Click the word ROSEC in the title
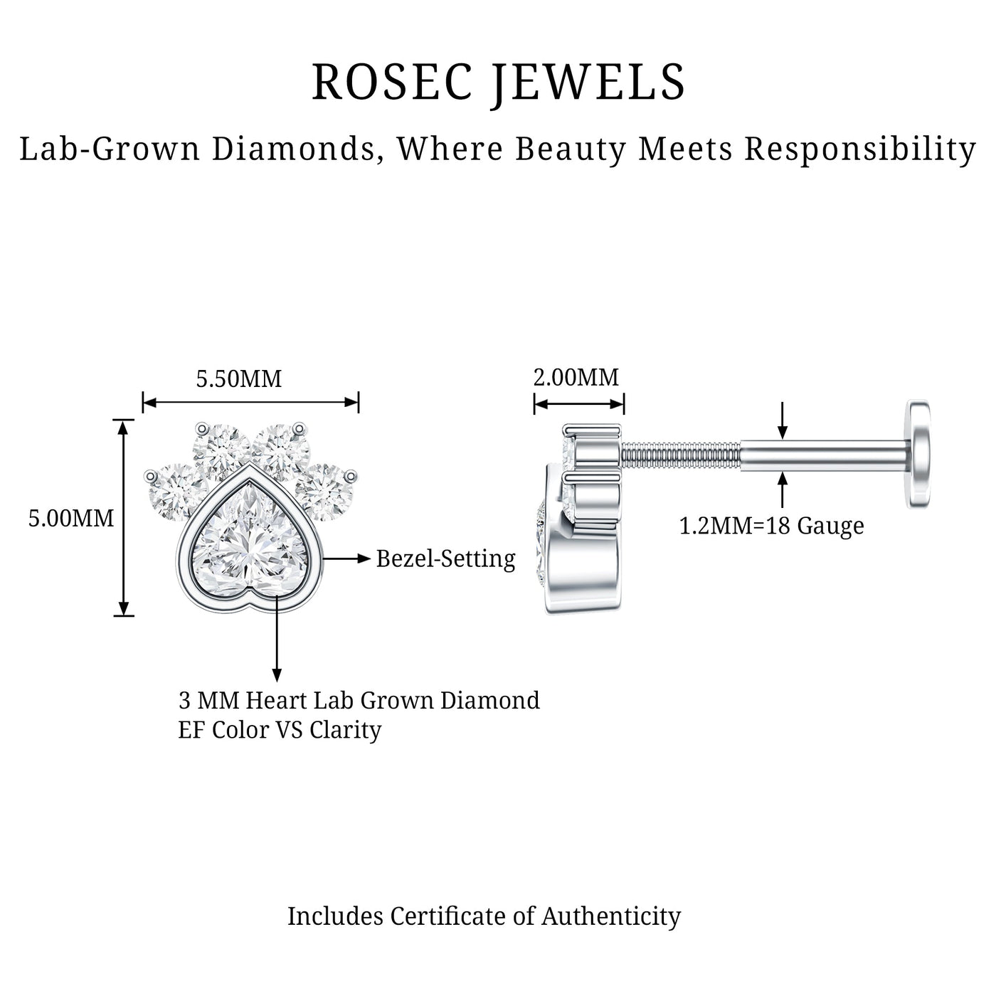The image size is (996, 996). [392, 82]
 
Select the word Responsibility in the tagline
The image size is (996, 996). [859, 150]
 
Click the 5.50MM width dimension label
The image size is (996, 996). [239, 379]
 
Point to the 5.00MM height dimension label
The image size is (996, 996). [71, 518]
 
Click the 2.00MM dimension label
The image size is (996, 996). [576, 377]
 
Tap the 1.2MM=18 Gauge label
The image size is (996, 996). [771, 526]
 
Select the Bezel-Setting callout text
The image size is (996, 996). [445, 559]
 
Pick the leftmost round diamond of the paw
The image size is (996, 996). [173, 492]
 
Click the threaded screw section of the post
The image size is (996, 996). [681, 455]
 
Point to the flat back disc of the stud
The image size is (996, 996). [918, 454]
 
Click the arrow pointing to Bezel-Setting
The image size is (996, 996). [346, 558]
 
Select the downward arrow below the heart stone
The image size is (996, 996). [277, 638]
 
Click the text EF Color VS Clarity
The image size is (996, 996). [280, 731]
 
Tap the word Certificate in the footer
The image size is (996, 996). [448, 916]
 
